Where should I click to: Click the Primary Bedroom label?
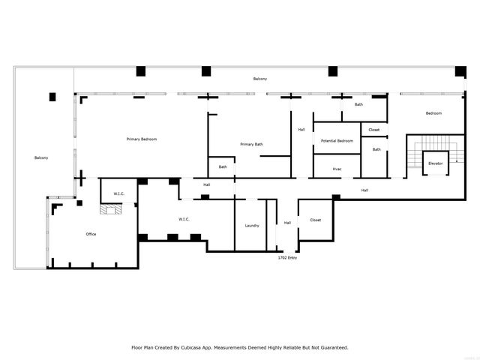pyautogui.click(x=141, y=139)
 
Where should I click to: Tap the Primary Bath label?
pyautogui.click(x=251, y=144)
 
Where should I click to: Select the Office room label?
pyautogui.click(x=91, y=234)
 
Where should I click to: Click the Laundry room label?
pyautogui.click(x=252, y=226)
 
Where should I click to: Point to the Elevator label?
pyautogui.click(x=435, y=163)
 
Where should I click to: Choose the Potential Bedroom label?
pyautogui.click(x=337, y=141)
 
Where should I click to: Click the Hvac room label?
pyautogui.click(x=337, y=169)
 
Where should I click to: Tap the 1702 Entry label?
pyautogui.click(x=288, y=257)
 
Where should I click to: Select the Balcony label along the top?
pyautogui.click(x=259, y=79)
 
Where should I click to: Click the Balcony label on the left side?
pyautogui.click(x=41, y=157)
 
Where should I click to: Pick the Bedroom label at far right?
pyautogui.click(x=433, y=113)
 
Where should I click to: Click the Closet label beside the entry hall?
pyautogui.click(x=315, y=220)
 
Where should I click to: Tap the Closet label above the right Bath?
pyautogui.click(x=373, y=130)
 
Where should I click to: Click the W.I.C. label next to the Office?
pyautogui.click(x=118, y=193)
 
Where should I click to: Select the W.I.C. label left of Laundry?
pyautogui.click(x=184, y=219)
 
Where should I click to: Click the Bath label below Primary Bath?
pyautogui.click(x=223, y=166)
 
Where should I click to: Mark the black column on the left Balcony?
pyautogui.click(x=52, y=96)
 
